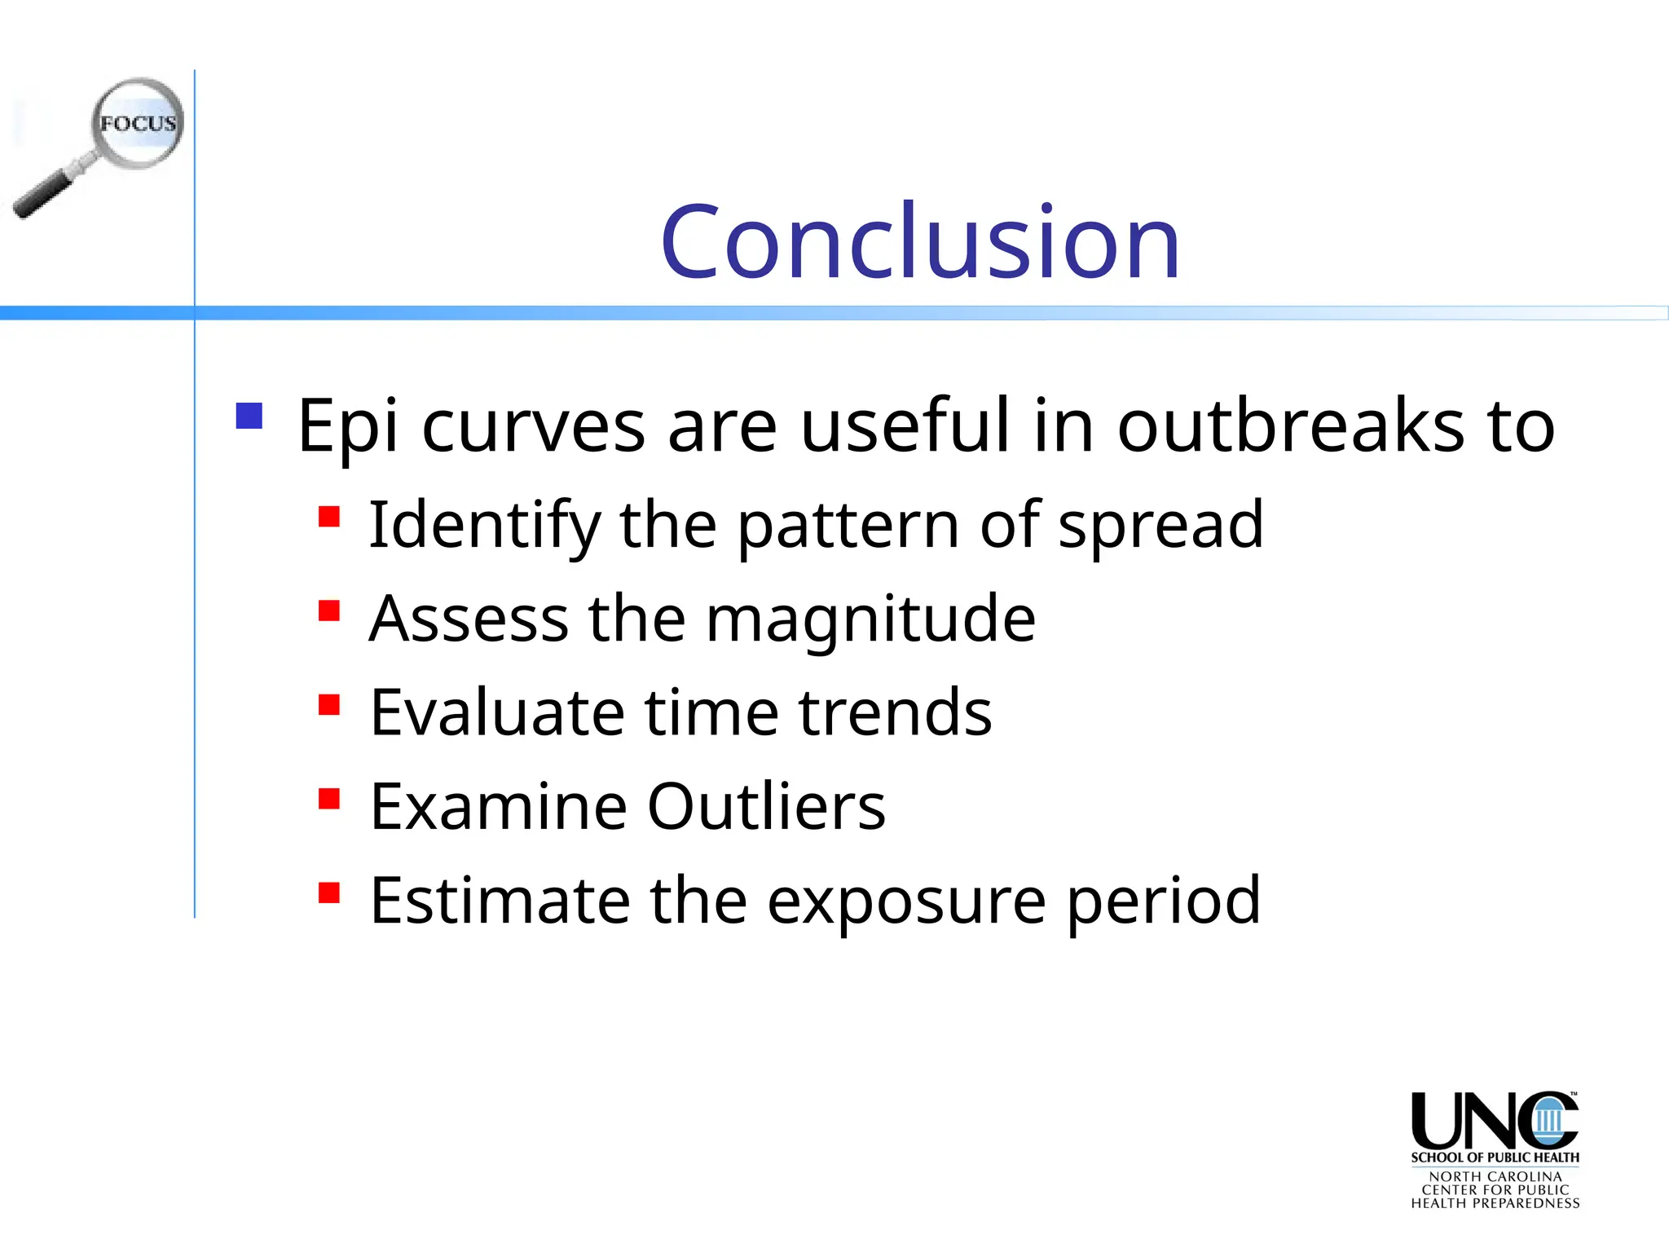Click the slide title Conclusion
pyautogui.click(x=920, y=242)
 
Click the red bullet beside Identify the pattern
pyautogui.click(x=328, y=517)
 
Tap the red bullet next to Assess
pyautogui.click(x=328, y=611)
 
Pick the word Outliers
pyautogui.click(x=766, y=807)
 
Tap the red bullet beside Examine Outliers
pyautogui.click(x=328, y=798)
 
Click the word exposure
pyautogui.click(x=906, y=902)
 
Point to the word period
pyautogui.click(x=1163, y=902)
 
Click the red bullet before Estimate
pyautogui.click(x=328, y=893)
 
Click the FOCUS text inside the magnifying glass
pyautogui.click(x=138, y=124)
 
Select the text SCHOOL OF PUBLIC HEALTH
pyautogui.click(x=1495, y=1157)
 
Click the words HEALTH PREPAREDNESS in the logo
pyautogui.click(x=1495, y=1203)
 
